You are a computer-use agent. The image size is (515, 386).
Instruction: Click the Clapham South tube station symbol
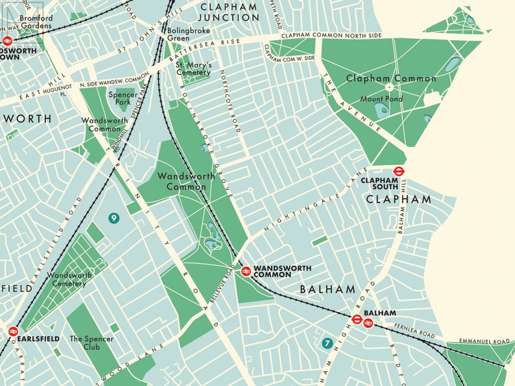click(x=399, y=171)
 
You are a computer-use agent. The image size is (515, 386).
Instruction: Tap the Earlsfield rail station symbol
click(x=13, y=331)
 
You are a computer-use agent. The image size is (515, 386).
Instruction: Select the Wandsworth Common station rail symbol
click(x=246, y=271)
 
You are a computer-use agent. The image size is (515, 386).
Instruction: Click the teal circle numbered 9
click(x=114, y=218)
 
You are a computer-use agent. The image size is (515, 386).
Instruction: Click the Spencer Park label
click(x=123, y=98)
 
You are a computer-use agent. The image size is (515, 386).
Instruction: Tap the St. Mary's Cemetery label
click(x=193, y=69)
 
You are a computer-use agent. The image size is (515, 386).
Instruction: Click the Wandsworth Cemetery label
click(x=70, y=279)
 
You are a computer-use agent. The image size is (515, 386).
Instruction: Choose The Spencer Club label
click(x=91, y=343)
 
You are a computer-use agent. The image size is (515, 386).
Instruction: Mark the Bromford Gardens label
click(x=36, y=22)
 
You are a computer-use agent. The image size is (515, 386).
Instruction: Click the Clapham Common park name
click(x=391, y=78)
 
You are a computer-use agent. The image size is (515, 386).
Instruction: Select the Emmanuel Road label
click(x=485, y=341)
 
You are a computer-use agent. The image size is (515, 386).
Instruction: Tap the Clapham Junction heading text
click(x=229, y=12)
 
